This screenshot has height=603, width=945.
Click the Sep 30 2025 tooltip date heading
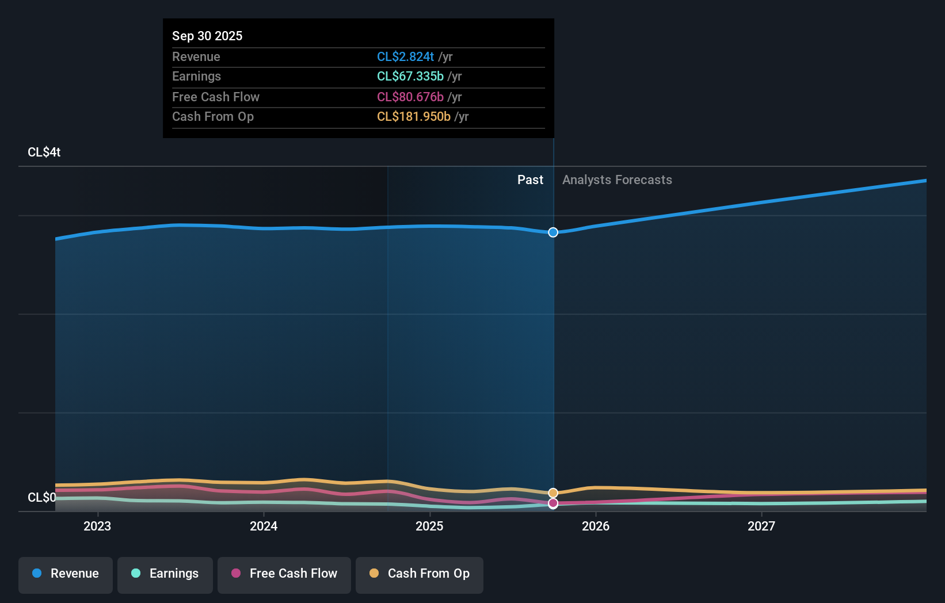207,36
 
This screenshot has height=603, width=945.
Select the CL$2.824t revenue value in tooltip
405,56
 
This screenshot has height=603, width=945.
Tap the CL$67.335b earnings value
410,76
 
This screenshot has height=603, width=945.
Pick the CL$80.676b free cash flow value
410,97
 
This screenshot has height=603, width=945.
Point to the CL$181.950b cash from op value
413,116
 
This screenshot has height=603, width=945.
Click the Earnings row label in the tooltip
196,76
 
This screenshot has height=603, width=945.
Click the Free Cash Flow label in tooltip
215,97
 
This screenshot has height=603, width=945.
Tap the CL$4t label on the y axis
44,152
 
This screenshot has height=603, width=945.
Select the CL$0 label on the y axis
41,497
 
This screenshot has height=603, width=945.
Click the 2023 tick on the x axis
97,526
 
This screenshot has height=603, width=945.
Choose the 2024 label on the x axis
264,526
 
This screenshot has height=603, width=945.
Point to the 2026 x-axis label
596,526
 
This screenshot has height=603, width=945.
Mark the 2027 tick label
761,526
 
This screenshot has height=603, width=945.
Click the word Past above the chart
530,180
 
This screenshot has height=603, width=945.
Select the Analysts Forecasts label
617,180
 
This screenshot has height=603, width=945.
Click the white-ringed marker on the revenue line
553,232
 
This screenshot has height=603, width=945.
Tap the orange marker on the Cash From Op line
553,493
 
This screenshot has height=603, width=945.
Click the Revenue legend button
66,574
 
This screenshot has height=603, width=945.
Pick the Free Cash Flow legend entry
284,574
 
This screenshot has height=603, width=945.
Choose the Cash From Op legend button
420,574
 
